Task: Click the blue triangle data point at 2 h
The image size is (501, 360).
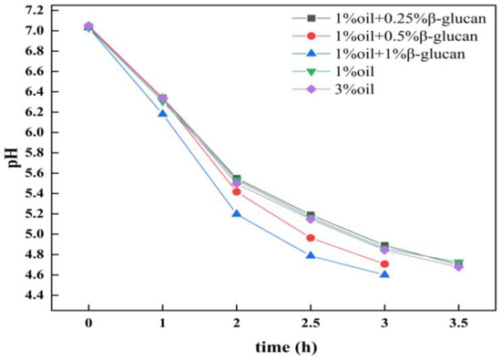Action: (237, 213)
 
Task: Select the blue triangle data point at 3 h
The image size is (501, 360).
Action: (384, 273)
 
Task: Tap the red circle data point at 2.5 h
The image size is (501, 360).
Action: (311, 238)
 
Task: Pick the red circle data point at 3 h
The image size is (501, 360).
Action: (384, 263)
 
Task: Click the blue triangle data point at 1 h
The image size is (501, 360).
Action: (162, 113)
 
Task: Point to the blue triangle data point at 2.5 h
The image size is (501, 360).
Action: (311, 255)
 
